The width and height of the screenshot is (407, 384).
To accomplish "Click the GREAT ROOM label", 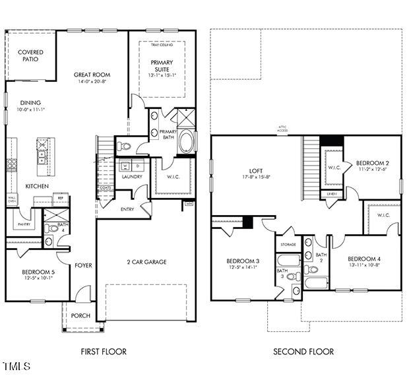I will coord(92,75).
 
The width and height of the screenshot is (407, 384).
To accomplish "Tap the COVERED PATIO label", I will coord(30,55).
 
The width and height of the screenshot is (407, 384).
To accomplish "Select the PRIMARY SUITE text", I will coord(161,66).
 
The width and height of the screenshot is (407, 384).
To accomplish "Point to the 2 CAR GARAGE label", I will coord(146,262).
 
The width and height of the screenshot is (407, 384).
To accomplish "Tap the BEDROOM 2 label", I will coord(373,163).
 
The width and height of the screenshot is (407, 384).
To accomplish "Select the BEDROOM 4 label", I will coord(364,258).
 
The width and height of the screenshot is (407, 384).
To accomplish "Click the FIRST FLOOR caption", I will coord(103,352).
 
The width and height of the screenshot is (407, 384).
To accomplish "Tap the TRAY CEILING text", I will coord(162,45).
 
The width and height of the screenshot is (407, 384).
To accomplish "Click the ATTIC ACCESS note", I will coord(282,130).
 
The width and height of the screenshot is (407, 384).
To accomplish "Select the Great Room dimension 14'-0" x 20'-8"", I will coord(92,82).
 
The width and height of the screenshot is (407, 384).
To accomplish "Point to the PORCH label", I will coord(80,315).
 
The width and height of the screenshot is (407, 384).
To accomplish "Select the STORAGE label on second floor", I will coord(288,244).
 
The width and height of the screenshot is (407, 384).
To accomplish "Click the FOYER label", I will coord(83,265).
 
